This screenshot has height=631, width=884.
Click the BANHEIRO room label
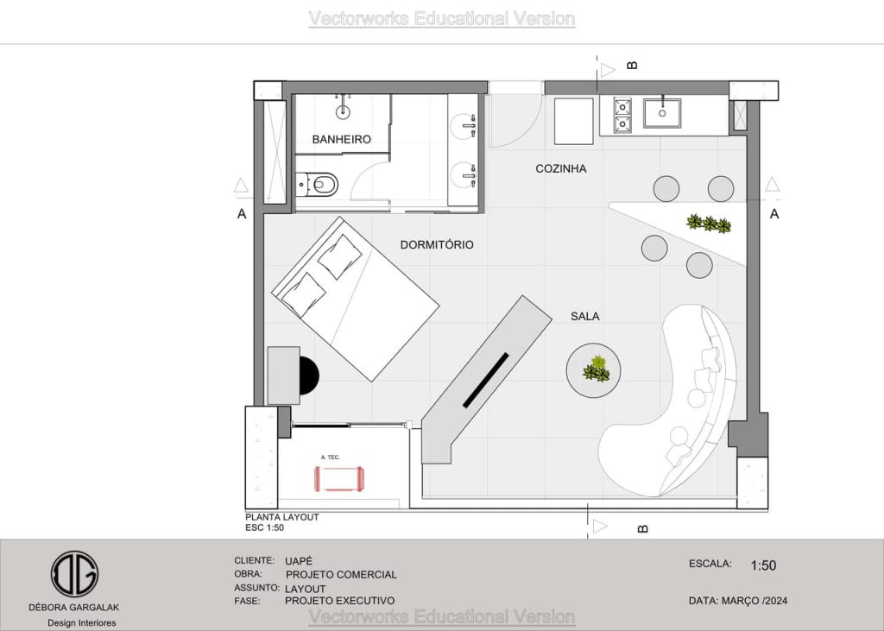tap(342, 139)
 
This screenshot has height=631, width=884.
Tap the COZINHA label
tap(561, 168)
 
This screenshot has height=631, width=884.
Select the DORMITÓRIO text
tap(437, 245)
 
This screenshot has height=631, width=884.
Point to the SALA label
tap(585, 316)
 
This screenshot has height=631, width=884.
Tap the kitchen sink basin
tap(662, 113)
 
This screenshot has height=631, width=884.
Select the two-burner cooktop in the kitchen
tap(622, 115)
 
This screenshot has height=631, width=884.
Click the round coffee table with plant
tap(594, 370)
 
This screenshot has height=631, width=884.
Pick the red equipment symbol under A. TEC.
tap(339, 479)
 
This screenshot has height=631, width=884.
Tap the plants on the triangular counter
tap(709, 224)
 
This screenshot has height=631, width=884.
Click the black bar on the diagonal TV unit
tap(486, 380)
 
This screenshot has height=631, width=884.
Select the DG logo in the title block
tap(74, 574)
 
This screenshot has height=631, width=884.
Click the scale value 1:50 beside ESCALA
tap(763, 565)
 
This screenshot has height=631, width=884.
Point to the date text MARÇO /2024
tap(755, 601)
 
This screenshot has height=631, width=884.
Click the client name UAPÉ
tap(298, 561)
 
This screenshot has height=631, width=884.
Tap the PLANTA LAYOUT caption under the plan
tap(282, 517)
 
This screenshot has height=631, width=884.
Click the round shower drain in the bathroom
tap(343, 112)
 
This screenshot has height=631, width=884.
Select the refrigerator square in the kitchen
tap(574, 121)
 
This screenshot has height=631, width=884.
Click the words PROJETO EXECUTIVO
tap(339, 601)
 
